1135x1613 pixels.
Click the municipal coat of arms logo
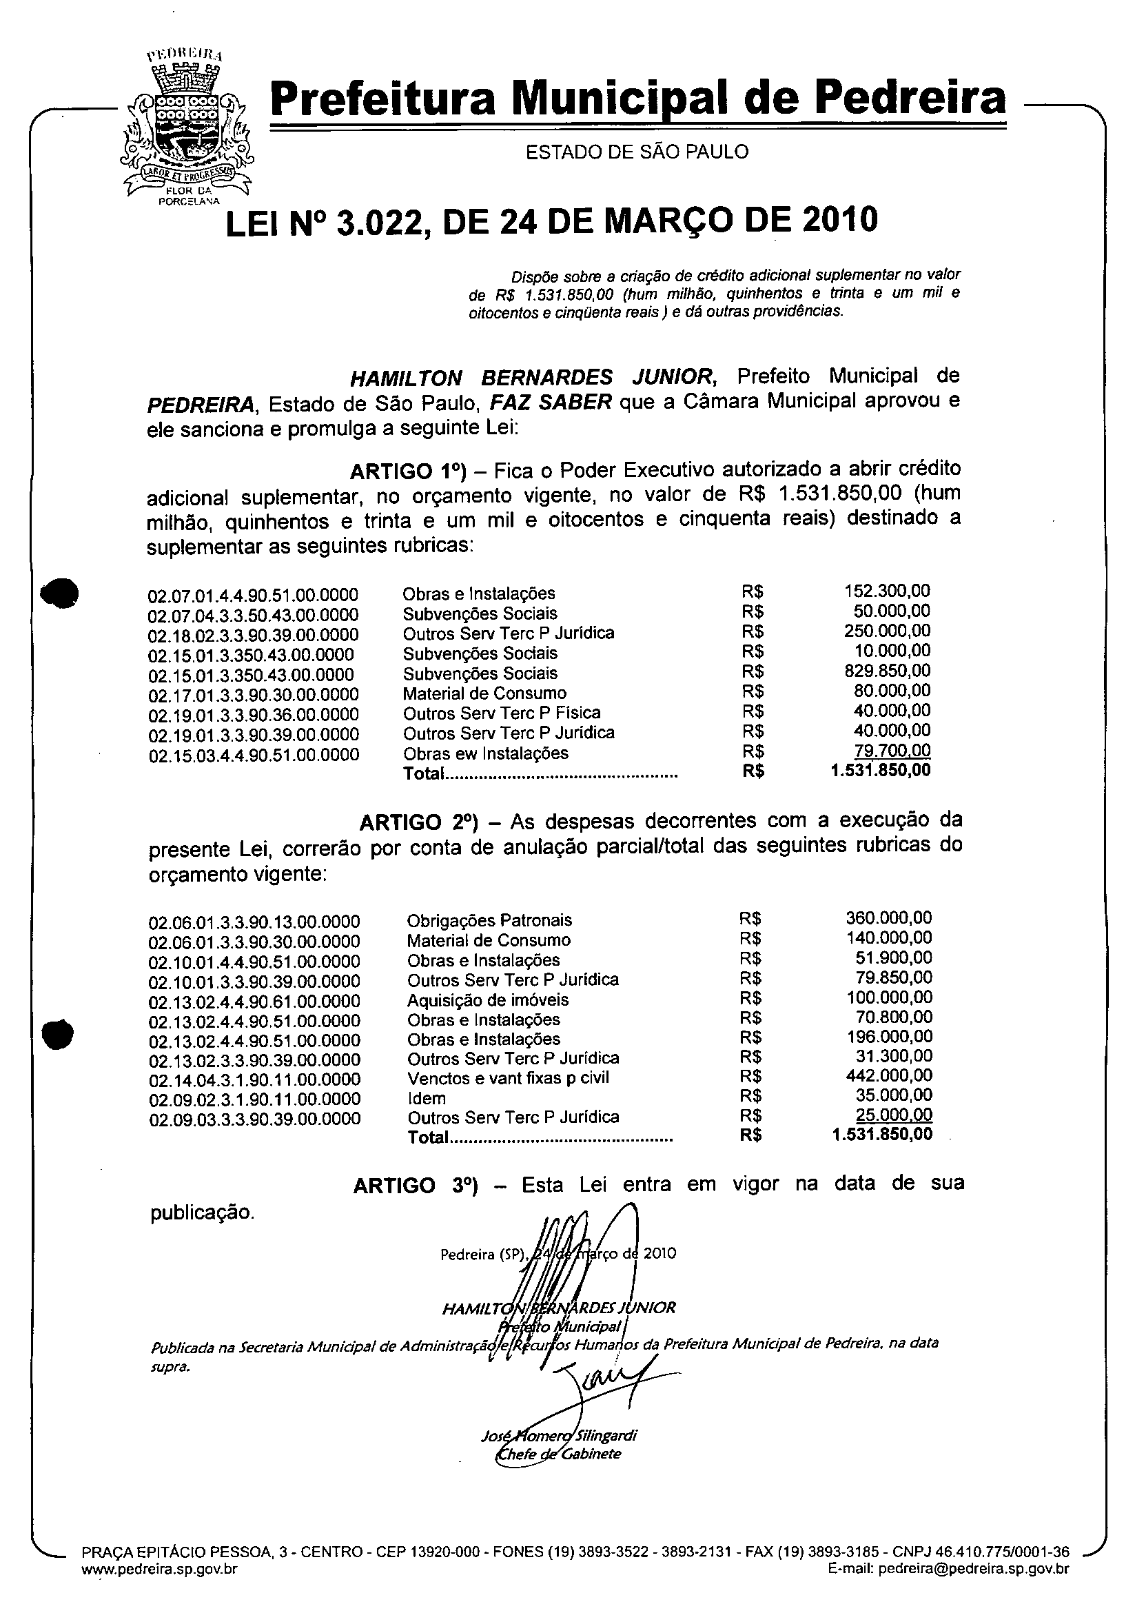click(x=186, y=126)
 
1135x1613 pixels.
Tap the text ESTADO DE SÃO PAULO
click(x=637, y=152)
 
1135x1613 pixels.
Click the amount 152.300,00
click(x=887, y=591)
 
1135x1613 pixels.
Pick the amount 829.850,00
click(x=887, y=670)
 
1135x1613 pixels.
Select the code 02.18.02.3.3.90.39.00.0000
click(x=253, y=635)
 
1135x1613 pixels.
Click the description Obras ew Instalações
click(x=485, y=753)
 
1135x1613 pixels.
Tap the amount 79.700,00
click(x=892, y=750)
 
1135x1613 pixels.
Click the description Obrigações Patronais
click(x=489, y=920)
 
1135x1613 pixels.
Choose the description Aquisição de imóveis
click(x=488, y=1000)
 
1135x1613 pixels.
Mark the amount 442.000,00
click(x=889, y=1075)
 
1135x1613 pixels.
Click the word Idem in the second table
click(x=427, y=1099)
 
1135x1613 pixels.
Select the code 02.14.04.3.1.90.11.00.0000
click(x=254, y=1079)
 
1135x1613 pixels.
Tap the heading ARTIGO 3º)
click(x=415, y=1186)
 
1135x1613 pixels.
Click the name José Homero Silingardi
click(x=558, y=1436)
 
